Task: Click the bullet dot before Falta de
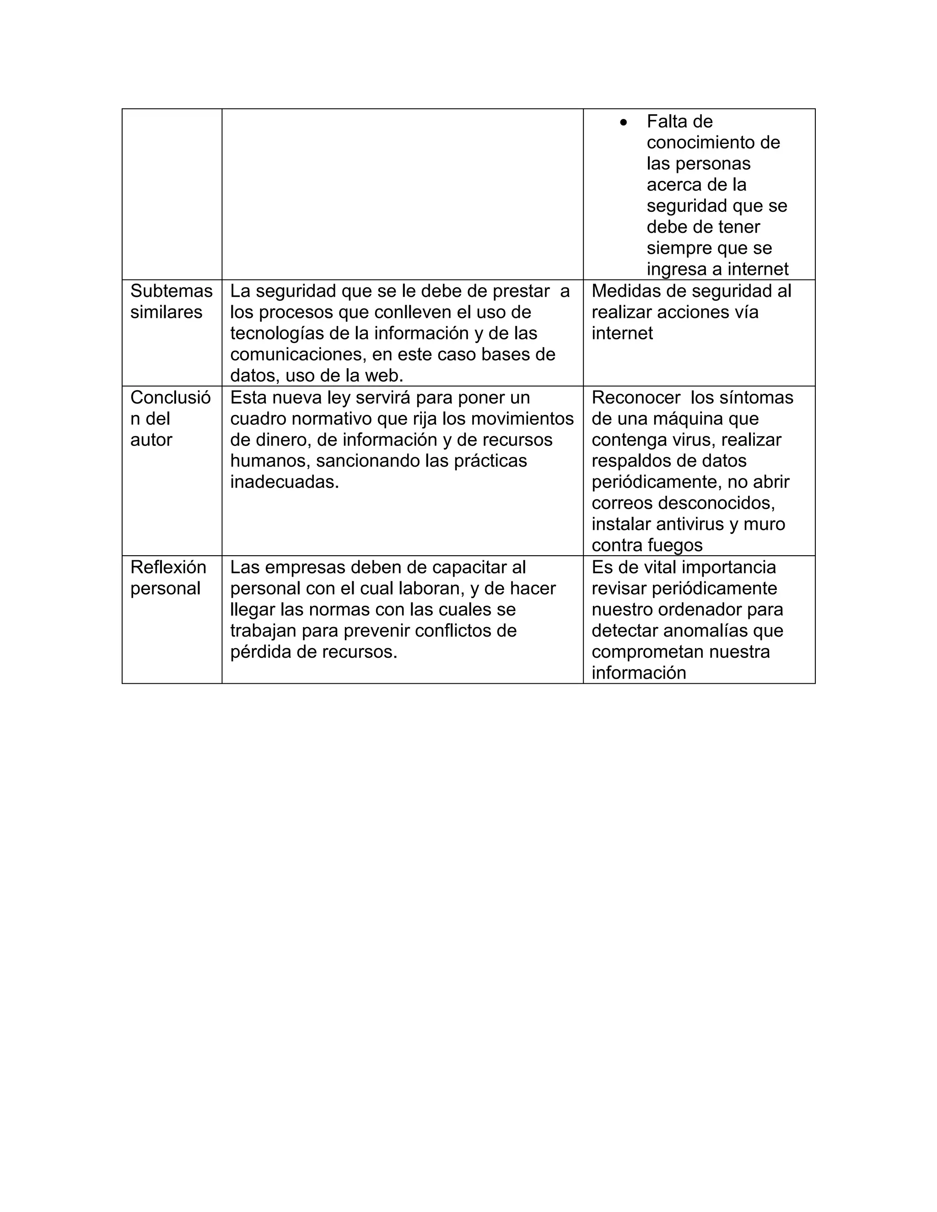click(624, 122)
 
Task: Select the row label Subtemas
click(171, 291)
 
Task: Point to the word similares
click(166, 312)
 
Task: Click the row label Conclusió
click(170, 397)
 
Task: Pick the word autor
click(151, 440)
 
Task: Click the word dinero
click(283, 440)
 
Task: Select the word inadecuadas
click(284, 482)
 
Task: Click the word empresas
click(301, 567)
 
